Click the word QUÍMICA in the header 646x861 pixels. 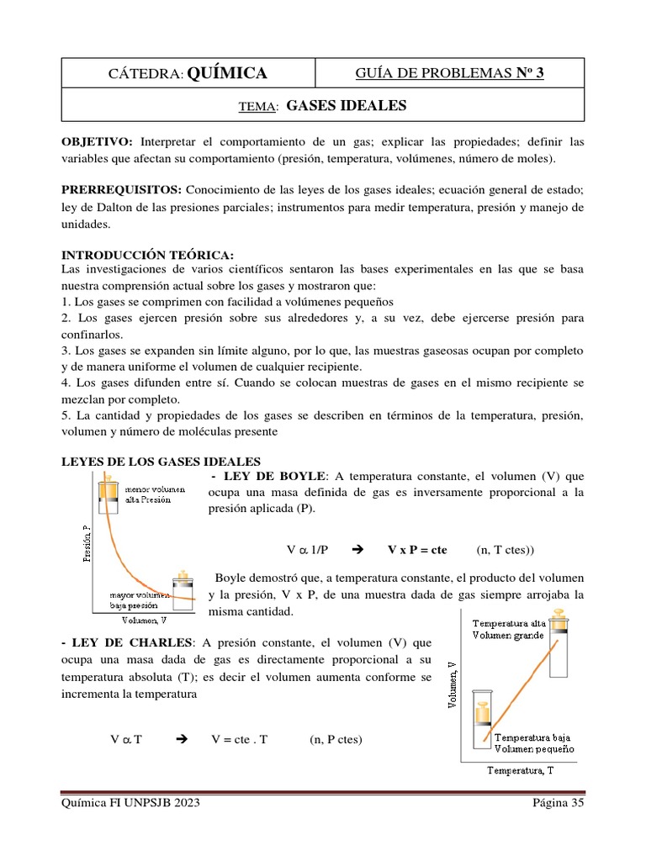click(227, 73)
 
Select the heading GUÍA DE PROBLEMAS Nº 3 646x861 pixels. click(450, 73)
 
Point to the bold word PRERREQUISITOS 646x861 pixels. click(122, 189)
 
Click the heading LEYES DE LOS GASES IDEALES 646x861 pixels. click(161, 461)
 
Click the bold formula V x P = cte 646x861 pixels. click(417, 550)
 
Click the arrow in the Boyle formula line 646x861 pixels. click(354, 550)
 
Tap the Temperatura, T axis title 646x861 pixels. click(521, 769)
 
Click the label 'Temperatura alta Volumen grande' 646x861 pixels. click(508, 629)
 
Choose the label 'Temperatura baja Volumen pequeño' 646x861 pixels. click(534, 742)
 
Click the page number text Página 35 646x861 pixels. click(558, 803)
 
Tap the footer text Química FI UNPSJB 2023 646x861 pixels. click(131, 803)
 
